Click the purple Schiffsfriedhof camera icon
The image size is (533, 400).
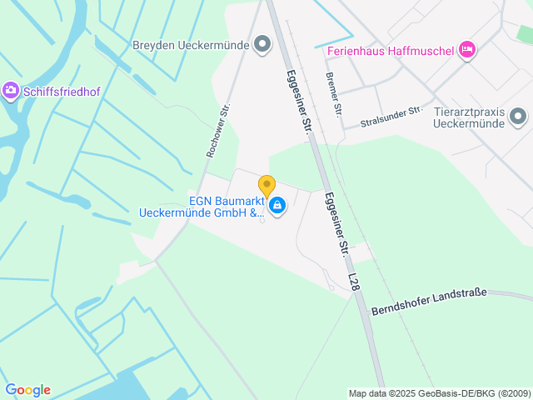[10, 89]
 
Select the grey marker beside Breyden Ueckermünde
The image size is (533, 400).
[262, 43]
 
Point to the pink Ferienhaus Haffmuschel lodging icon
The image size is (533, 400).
[467, 50]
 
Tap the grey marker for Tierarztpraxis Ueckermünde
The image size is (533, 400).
[518, 117]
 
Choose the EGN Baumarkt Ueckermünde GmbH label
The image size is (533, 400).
[202, 206]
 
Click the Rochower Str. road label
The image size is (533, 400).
[217, 132]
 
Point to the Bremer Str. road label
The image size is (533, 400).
[333, 93]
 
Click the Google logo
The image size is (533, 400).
[27, 390]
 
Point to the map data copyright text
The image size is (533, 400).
[439, 393]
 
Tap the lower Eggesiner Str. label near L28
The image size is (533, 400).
[336, 222]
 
